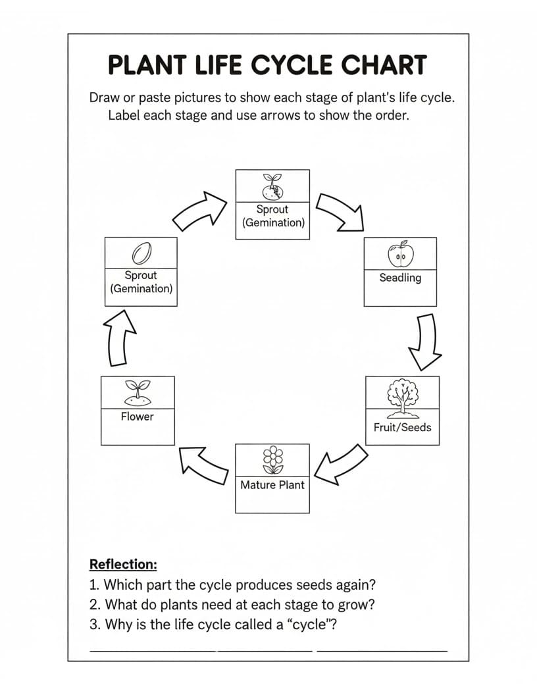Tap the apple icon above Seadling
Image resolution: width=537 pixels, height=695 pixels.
[401, 254]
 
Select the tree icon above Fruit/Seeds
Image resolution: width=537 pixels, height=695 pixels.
[402, 398]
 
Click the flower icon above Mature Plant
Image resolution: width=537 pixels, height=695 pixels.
[273, 460]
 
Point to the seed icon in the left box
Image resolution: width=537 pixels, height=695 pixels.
[141, 253]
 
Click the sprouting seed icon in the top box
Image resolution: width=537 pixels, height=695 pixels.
[273, 187]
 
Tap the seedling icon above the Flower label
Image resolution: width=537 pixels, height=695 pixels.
[138, 393]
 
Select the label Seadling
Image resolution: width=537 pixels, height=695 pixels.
[400, 278]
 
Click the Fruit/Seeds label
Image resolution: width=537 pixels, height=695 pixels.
[402, 427]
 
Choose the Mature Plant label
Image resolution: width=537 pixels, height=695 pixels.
[272, 485]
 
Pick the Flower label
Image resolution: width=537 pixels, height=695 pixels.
[138, 417]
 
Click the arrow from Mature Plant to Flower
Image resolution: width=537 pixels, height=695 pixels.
[205, 465]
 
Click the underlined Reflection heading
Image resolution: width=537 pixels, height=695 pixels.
[123, 564]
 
